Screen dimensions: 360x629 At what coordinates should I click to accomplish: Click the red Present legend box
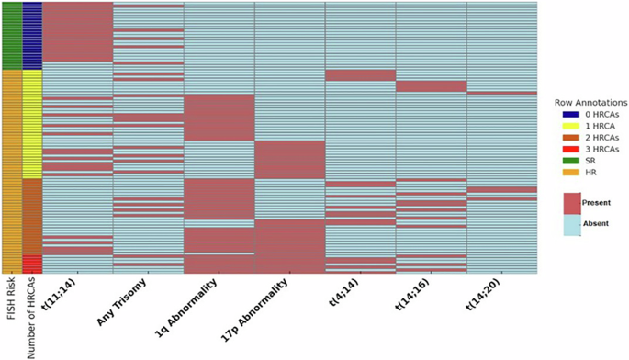pos(572,202)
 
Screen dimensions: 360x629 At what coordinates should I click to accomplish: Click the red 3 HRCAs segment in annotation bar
pos(31,264)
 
